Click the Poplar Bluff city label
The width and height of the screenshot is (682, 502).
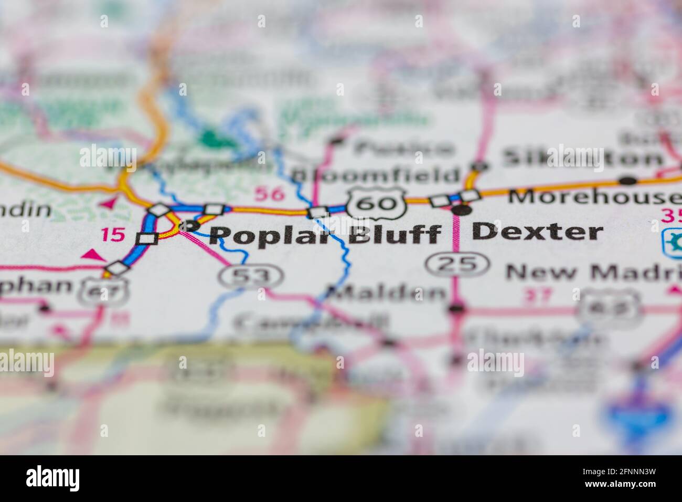point(325,234)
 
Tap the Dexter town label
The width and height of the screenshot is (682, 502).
point(537,232)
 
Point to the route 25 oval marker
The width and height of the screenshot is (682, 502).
point(453,264)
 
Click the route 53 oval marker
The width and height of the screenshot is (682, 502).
point(251,277)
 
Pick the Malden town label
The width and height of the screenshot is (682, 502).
point(386,292)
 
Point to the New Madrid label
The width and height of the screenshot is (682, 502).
point(593,272)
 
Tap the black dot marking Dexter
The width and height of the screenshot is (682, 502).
point(462,211)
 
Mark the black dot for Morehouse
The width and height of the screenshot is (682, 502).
point(627,181)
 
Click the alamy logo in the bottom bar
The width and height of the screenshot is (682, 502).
point(53,478)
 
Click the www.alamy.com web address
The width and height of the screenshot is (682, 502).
point(622,486)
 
